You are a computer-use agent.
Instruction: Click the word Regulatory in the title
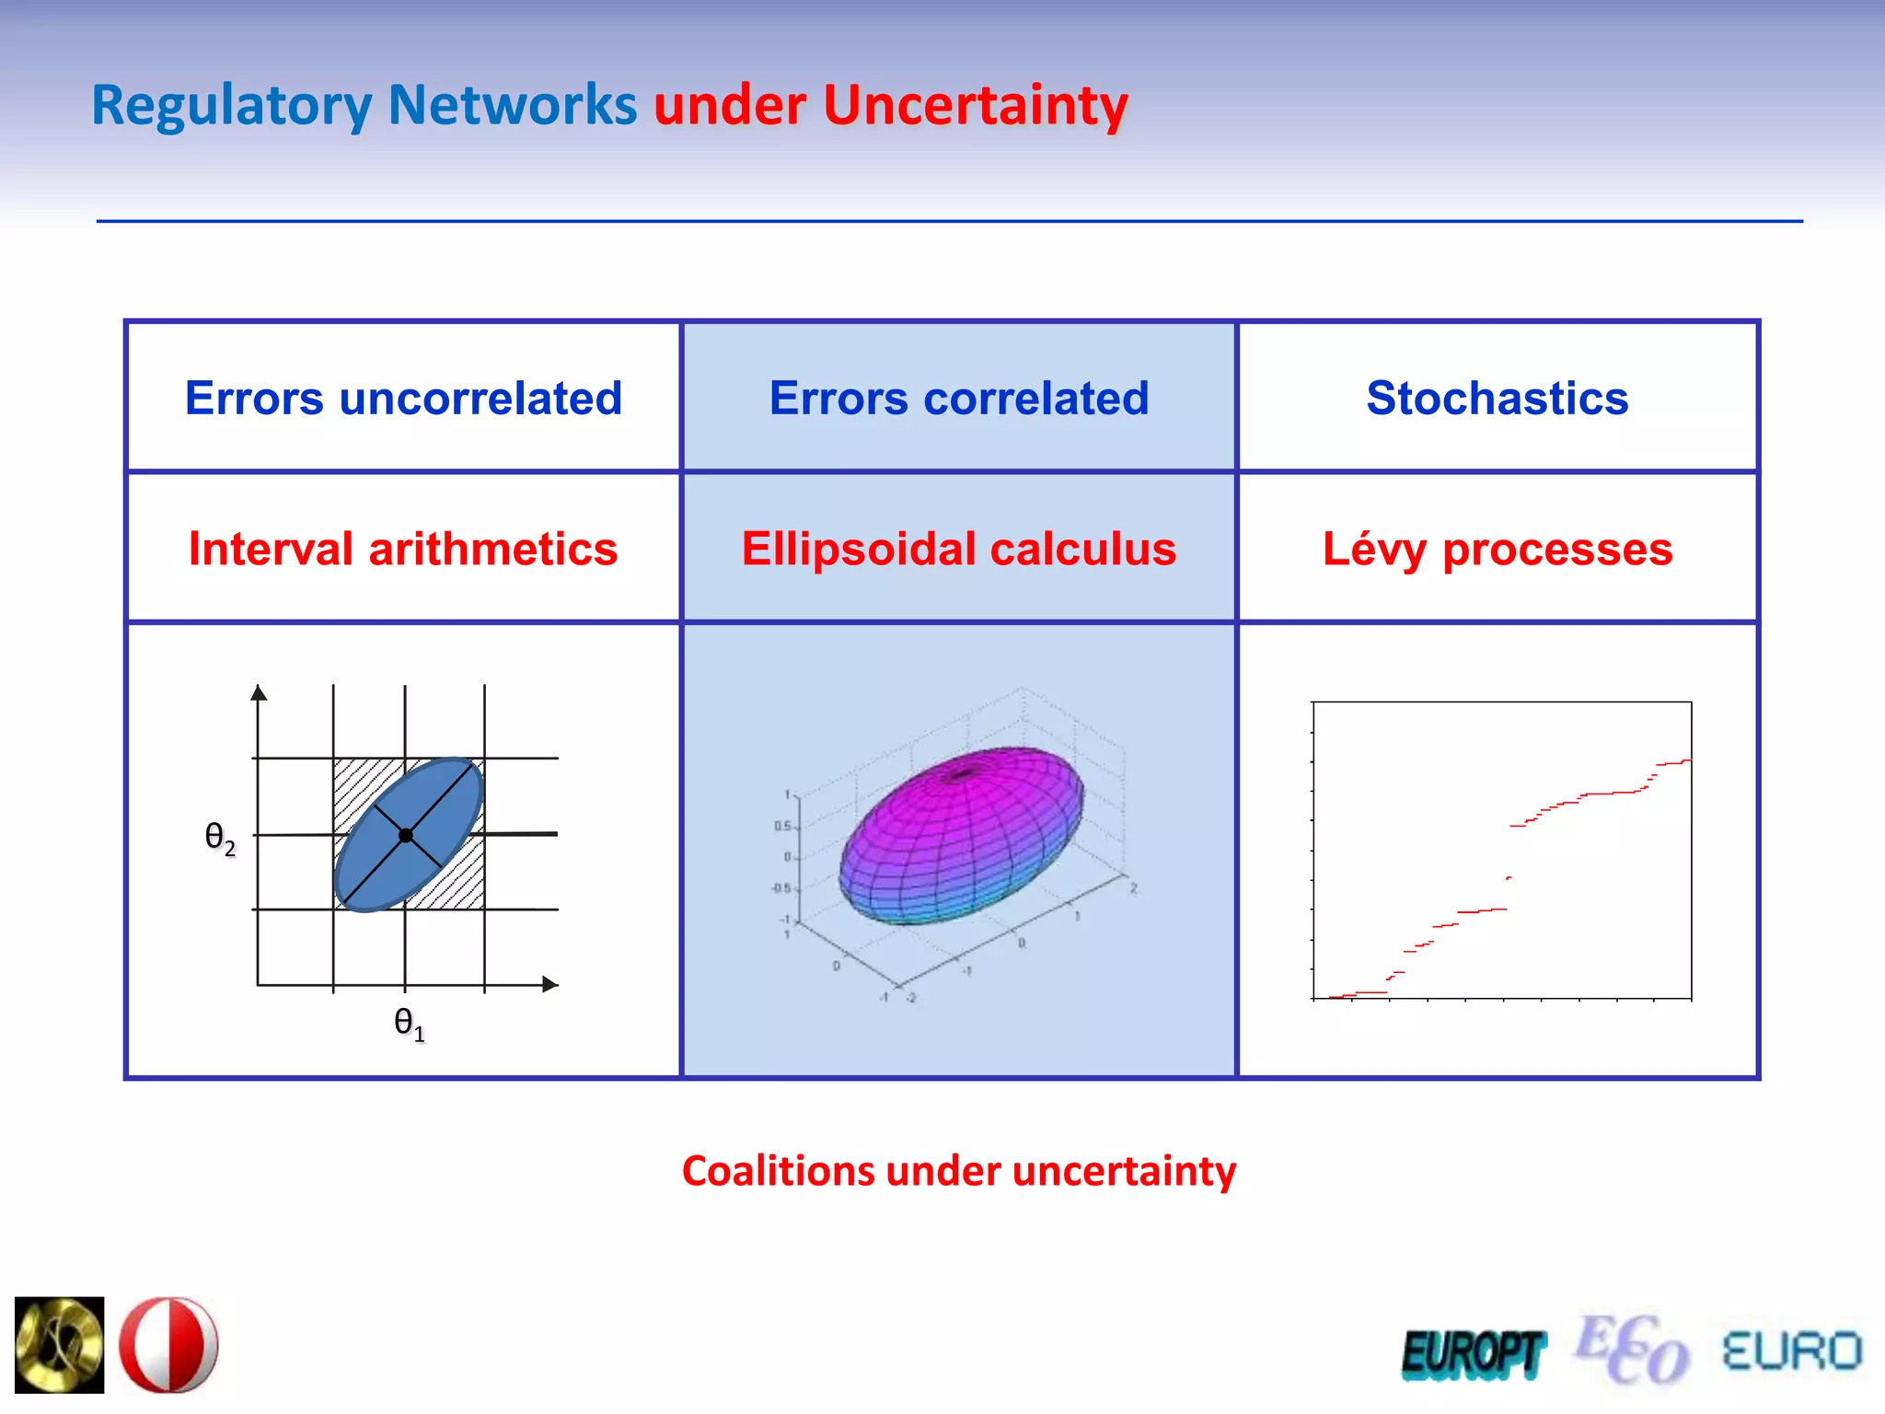pos(230,105)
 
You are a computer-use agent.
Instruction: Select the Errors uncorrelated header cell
pos(403,398)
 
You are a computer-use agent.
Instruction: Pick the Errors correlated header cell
pos(959,398)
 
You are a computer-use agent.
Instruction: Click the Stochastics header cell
pos(1498,398)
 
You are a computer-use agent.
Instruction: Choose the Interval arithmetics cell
pos(403,549)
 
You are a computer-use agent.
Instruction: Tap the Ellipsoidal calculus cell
pos(959,549)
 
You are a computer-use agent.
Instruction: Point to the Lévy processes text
pos(1498,549)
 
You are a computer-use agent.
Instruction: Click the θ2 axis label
pos(220,838)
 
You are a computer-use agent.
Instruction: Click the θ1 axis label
pos(409,1023)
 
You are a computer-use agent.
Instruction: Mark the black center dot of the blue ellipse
pos(406,835)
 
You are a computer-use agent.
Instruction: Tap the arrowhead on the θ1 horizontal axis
pos(550,984)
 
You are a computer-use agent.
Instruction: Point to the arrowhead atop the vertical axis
pos(259,693)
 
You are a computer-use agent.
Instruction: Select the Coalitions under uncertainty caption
pos(959,1171)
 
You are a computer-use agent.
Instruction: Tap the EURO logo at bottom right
pos(1791,1351)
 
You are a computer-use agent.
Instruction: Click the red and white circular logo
pos(169,1345)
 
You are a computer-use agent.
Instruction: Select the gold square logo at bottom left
pos(60,1345)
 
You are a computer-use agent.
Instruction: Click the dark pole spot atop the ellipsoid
pos(962,774)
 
